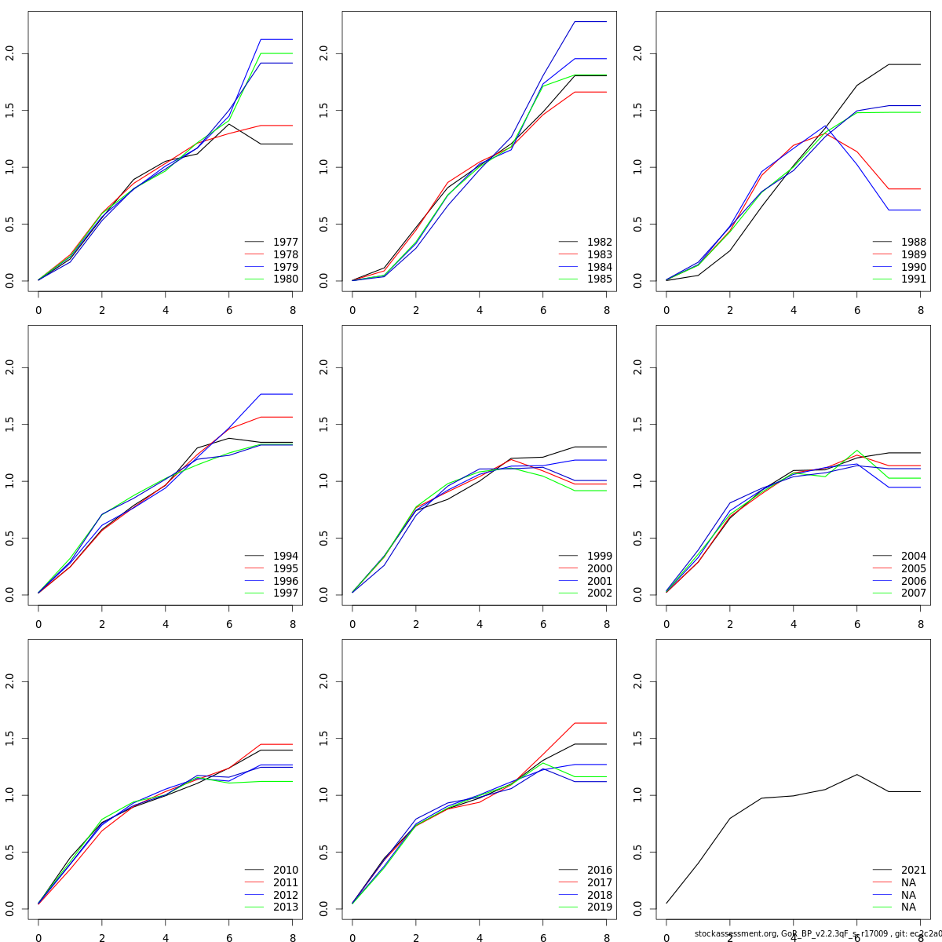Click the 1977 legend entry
click(x=286, y=243)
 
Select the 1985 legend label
click(x=600, y=279)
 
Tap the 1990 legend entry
click(x=914, y=267)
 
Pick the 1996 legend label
click(x=286, y=581)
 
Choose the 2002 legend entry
click(x=600, y=593)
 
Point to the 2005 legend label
click(x=914, y=568)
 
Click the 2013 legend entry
click(x=286, y=907)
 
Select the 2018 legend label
click(x=600, y=895)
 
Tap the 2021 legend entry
click(x=914, y=871)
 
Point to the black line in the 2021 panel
click(x=761, y=798)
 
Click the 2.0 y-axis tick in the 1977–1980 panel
click(x=10, y=53)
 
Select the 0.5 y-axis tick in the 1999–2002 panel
click(x=324, y=539)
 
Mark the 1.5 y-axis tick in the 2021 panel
click(x=638, y=739)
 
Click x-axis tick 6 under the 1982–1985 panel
click(x=543, y=310)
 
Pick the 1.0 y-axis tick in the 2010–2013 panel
click(x=10, y=795)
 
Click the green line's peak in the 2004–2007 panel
click(x=857, y=451)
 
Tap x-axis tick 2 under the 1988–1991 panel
click(x=730, y=310)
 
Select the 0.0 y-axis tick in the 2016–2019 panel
click(x=324, y=909)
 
